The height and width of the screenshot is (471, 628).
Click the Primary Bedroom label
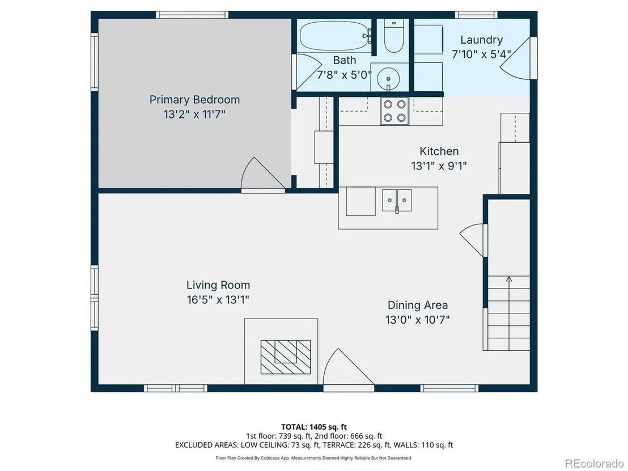(x=194, y=99)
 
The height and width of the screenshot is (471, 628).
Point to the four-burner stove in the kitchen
(x=394, y=111)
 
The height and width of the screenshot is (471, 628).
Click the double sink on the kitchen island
(x=397, y=200)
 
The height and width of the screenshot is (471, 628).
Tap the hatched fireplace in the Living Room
(x=286, y=357)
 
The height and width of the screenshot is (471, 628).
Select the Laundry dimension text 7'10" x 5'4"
(x=481, y=54)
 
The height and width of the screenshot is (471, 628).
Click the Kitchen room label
(x=439, y=151)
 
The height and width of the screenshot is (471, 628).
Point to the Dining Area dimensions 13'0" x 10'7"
(x=417, y=320)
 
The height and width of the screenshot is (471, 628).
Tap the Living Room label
(x=218, y=285)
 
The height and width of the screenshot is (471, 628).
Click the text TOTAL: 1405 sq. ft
(x=314, y=427)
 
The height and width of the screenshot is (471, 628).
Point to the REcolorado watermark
(x=595, y=463)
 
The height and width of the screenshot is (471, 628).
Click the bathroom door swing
(x=309, y=71)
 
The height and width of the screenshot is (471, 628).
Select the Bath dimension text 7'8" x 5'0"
(x=345, y=74)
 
